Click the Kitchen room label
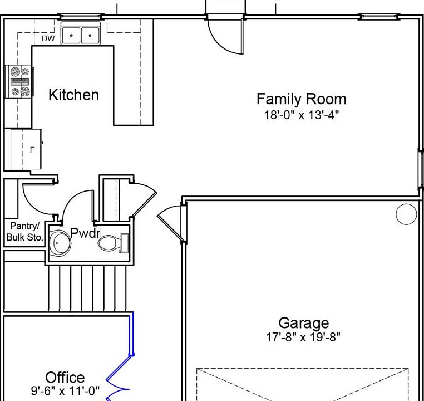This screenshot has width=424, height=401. pos(73,95)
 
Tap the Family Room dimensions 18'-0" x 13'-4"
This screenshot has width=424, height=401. pos(301,115)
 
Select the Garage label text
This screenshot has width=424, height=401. pos(304,324)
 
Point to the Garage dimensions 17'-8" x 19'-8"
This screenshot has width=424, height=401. pos(303,338)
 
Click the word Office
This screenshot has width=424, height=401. pos(65,378)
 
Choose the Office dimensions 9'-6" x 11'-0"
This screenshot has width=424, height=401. pos(65,391)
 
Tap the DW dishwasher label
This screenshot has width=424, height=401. pos(48,38)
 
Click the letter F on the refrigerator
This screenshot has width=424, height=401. pos(32,150)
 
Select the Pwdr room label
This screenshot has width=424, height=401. pos(85,233)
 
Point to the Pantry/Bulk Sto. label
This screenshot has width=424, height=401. pos(24,232)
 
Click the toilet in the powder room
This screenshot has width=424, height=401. pos(114,243)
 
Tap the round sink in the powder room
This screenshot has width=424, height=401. pos(60,243)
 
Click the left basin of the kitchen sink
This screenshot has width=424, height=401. pos(71,36)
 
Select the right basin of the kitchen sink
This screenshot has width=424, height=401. pos(90,36)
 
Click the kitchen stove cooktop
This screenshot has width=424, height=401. pos(19,82)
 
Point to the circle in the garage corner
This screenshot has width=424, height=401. pos(406,214)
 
